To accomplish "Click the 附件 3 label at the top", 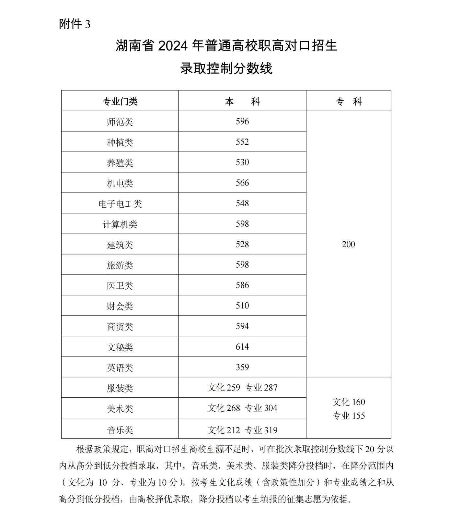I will coord(75,24).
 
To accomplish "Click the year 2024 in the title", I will coord(173,46).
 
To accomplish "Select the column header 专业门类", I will coord(120,102).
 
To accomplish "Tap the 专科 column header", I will coord(349,102).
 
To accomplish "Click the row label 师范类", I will coord(120,122).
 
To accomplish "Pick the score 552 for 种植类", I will coord(242,142).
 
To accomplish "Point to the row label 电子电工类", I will coord(120,204).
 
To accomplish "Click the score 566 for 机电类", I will coord(242,183).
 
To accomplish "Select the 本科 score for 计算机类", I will coord(242,224).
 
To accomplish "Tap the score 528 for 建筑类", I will coord(242,244).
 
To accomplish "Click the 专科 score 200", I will coord(348,244).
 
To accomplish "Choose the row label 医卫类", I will coord(120,285).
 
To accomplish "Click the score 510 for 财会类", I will coord(242,306).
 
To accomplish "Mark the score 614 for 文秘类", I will coord(242,347).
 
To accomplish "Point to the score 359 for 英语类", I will coord(242,367).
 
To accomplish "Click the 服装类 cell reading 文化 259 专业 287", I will coord(242,388).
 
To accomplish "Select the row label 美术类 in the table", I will coord(120,409).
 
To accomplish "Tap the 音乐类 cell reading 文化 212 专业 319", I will coord(242,430).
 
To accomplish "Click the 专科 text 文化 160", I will coord(349,402).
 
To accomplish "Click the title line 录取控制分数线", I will coord(226,68).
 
